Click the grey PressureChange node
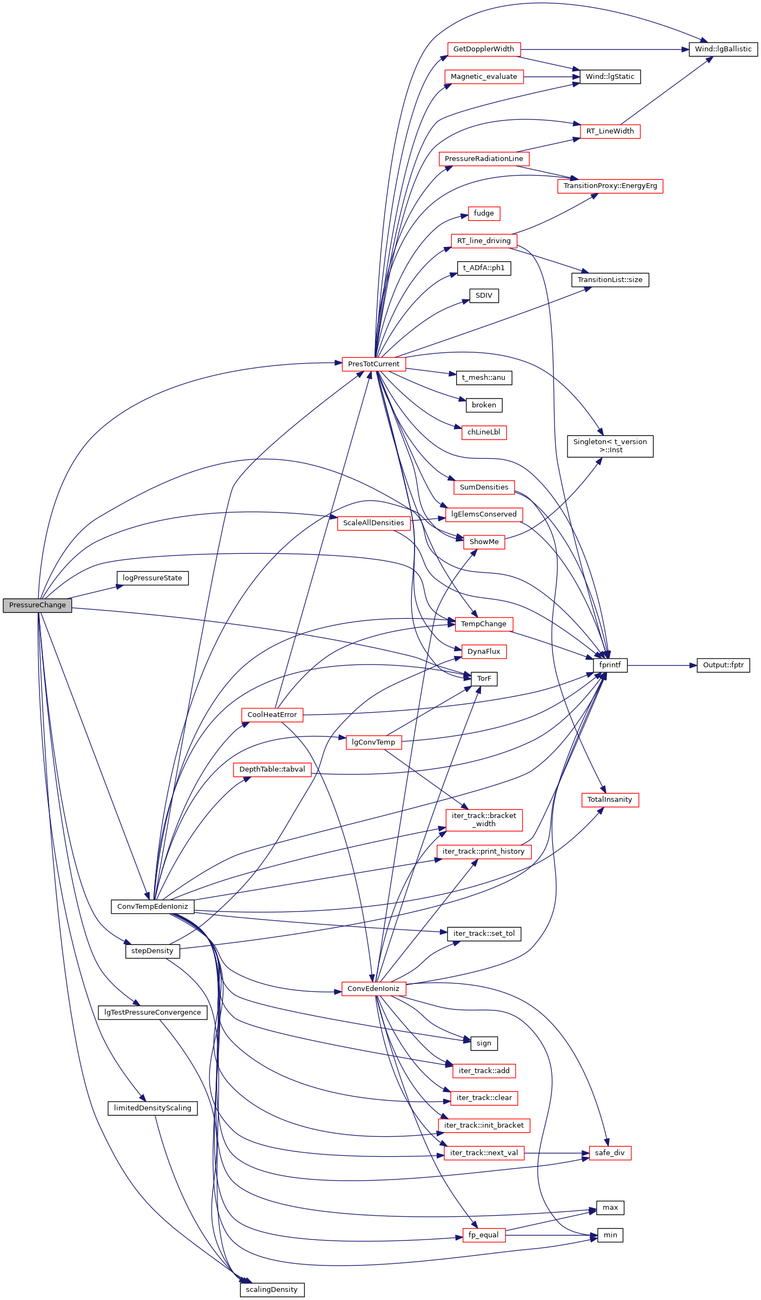click(37, 605)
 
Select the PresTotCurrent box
click(373, 364)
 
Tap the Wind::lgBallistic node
click(723, 49)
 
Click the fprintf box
click(610, 665)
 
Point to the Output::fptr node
click(723, 665)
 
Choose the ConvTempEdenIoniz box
click(152, 906)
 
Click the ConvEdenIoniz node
click(373, 988)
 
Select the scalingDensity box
click(272, 1289)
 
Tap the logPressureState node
click(152, 578)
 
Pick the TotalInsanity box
click(610, 800)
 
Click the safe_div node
click(610, 1153)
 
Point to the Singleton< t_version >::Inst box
click(610, 446)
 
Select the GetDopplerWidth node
click(484, 49)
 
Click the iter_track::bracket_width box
click(484, 820)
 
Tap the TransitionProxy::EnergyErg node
click(610, 186)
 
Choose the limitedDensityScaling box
click(152, 1108)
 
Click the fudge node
click(484, 213)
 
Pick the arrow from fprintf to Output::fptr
click(662, 666)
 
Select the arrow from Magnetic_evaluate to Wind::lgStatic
click(551, 77)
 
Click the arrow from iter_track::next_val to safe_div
click(557, 1153)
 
